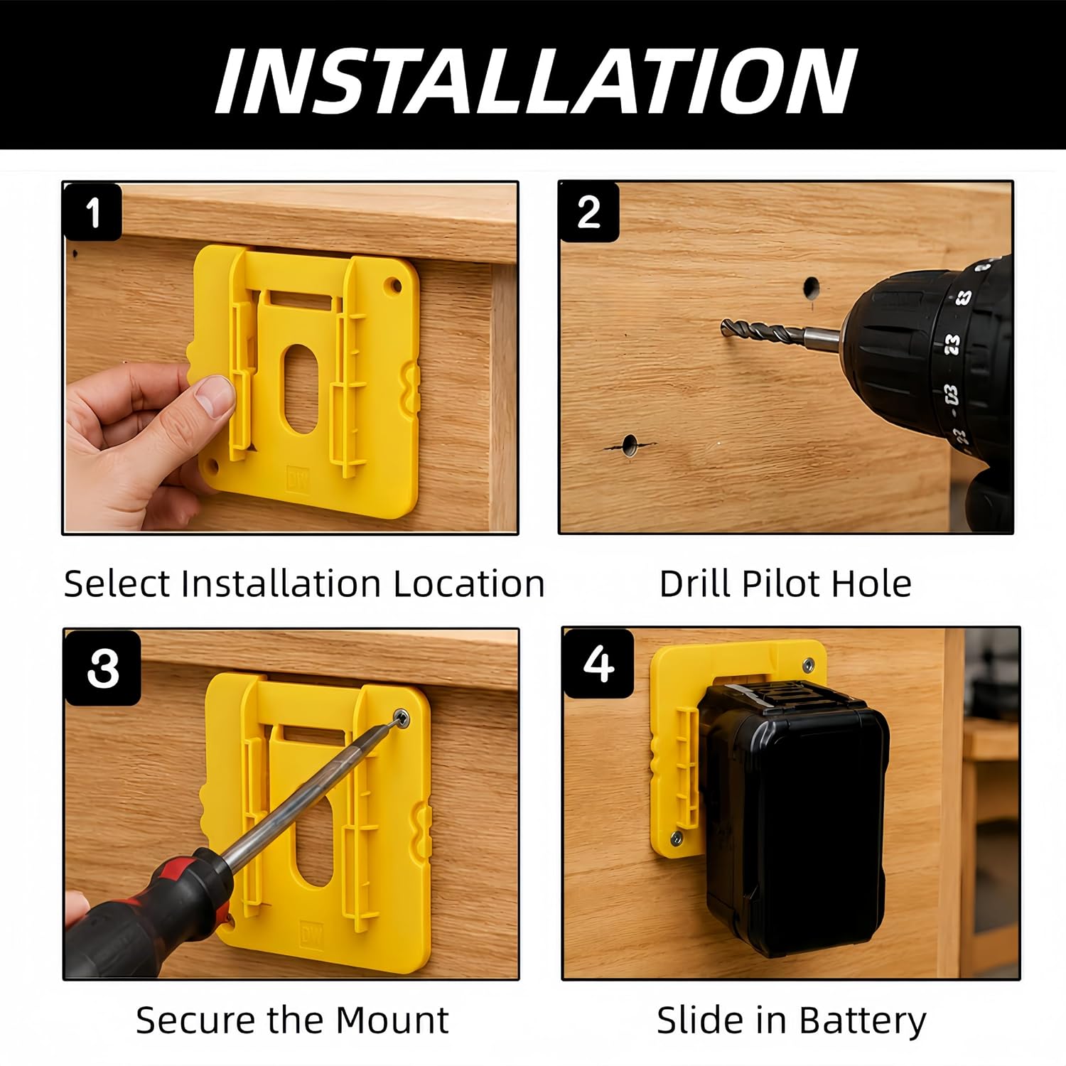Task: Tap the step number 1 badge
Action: click(92, 212)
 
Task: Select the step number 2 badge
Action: click(588, 212)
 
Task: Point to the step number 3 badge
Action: click(103, 667)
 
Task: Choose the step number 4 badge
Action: click(598, 664)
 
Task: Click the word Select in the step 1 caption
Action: click(117, 583)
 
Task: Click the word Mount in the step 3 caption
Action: click(392, 1020)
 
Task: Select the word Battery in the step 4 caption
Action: click(862, 1021)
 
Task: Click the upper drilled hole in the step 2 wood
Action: click(811, 288)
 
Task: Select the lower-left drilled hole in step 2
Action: click(630, 446)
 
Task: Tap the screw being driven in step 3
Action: click(402, 718)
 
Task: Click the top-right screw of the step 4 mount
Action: click(808, 664)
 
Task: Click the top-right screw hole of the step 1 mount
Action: click(393, 286)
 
